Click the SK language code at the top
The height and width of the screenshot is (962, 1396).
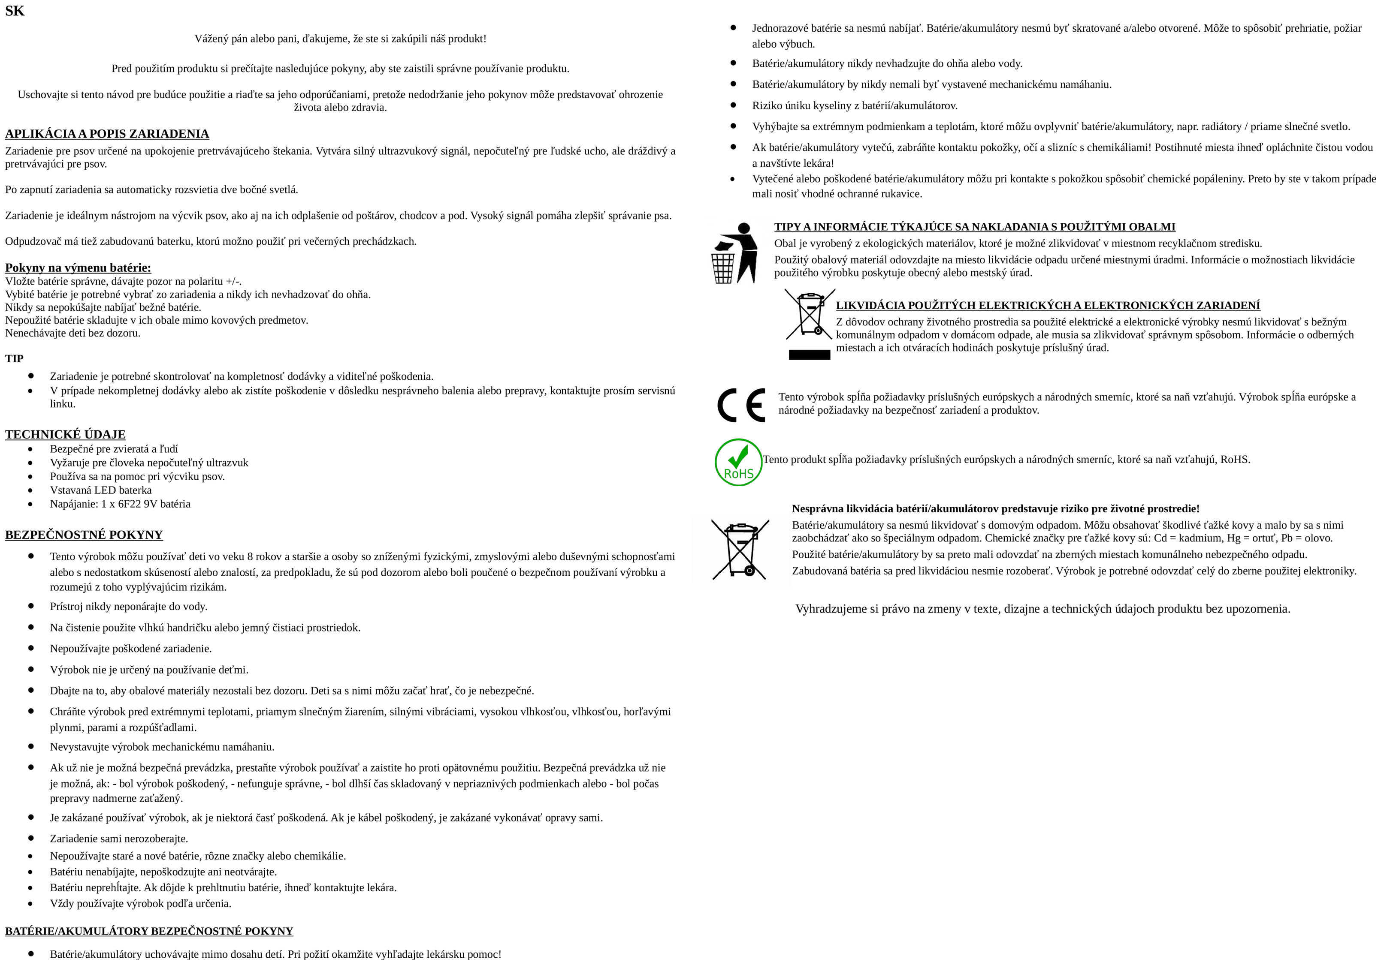(x=15, y=11)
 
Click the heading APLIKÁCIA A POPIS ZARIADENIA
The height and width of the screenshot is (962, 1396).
(x=107, y=134)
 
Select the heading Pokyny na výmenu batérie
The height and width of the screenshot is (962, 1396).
(x=78, y=268)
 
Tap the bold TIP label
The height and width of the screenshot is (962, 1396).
(x=15, y=359)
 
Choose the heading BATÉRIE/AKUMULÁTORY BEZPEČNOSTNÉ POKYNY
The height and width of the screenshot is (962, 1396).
(x=149, y=931)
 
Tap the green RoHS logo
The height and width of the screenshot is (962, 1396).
(x=738, y=462)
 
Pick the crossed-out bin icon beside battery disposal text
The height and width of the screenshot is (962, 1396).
(x=740, y=549)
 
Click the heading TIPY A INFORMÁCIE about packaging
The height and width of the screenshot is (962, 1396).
(x=974, y=227)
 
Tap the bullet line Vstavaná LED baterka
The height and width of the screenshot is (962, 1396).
(x=101, y=490)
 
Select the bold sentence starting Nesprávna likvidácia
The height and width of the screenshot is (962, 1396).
(x=995, y=509)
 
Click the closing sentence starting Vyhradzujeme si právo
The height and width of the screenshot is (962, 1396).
(x=1042, y=609)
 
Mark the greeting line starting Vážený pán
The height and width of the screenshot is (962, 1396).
(x=340, y=39)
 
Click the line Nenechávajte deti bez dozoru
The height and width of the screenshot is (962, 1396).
(x=73, y=333)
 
